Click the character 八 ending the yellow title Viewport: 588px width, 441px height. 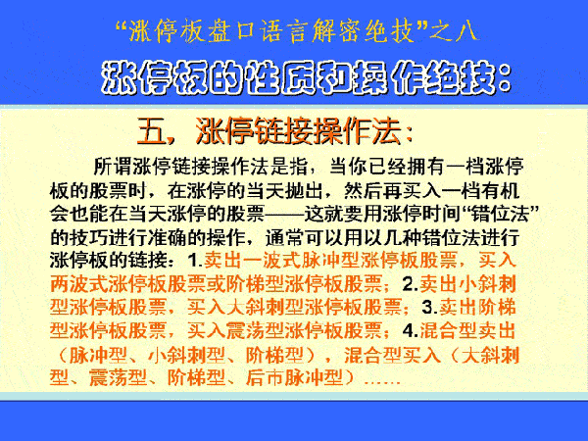point(465,30)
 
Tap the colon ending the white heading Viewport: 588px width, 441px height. point(504,78)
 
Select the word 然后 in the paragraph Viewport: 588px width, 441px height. point(363,190)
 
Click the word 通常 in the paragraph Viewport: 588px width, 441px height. point(284,237)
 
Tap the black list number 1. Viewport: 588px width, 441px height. point(195,261)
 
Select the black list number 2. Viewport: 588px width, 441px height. point(411,284)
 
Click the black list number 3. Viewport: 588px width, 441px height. point(430,307)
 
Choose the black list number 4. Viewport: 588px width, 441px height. point(411,330)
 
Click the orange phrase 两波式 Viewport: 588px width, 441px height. point(78,284)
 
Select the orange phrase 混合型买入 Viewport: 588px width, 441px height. point(393,355)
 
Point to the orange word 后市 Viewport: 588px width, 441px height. point(265,377)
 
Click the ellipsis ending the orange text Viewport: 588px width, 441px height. point(382,382)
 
